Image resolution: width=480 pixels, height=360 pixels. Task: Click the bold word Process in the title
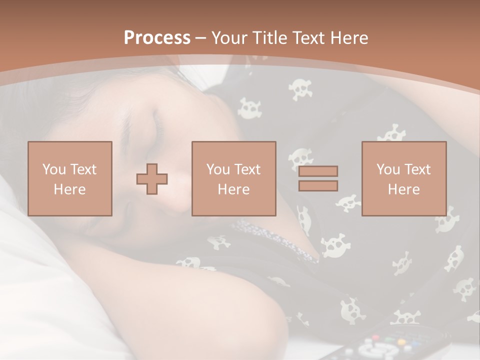[x=157, y=38]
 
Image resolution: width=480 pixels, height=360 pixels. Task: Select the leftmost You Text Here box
[x=70, y=178]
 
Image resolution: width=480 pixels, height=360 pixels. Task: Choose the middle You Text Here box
[x=233, y=178]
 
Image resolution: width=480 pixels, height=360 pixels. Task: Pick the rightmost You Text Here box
[x=403, y=178]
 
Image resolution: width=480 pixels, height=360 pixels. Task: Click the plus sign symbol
[x=152, y=179]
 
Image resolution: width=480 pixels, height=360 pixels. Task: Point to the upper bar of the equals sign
[x=318, y=171]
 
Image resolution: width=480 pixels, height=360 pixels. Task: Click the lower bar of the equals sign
[x=318, y=185]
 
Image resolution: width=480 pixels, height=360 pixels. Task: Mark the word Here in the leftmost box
[x=70, y=189]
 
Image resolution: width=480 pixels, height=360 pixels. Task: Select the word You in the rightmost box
[x=388, y=169]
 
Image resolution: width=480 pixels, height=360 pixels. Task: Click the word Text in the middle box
[x=248, y=169]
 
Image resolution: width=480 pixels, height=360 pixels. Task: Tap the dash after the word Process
[x=200, y=38]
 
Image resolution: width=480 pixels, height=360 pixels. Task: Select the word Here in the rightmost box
[x=403, y=189]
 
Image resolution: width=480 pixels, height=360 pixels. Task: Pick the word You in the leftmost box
[x=54, y=169]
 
